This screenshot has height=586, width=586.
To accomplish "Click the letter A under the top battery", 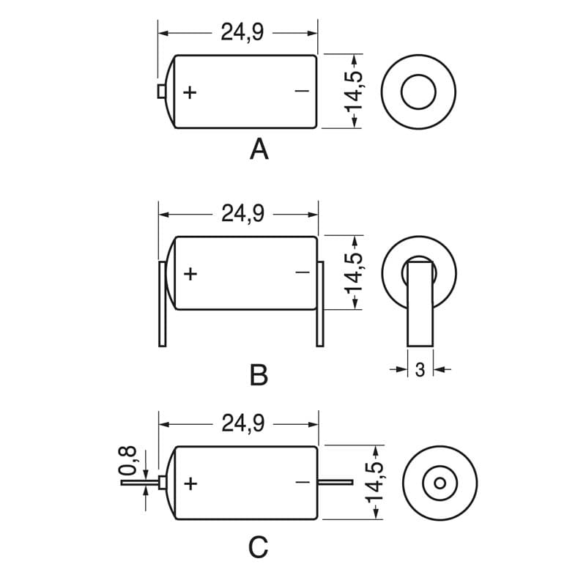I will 259,149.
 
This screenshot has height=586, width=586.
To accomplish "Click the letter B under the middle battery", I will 259,375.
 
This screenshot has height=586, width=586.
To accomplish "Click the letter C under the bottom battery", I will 259,546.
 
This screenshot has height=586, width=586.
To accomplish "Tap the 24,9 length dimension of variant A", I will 242,32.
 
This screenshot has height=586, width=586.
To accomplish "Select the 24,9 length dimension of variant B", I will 242,214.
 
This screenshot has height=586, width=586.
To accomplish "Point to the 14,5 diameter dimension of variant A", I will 355,91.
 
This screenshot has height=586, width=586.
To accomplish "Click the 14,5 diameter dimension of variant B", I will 355,272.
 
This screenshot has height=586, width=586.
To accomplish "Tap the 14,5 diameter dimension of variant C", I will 376,482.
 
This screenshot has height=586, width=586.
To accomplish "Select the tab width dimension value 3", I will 420,371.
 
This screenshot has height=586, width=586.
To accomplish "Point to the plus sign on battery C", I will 191,483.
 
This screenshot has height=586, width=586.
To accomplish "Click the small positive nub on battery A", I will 160,90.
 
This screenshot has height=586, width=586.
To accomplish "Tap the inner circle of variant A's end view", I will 418,92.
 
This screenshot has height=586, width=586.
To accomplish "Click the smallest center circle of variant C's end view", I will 439,483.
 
